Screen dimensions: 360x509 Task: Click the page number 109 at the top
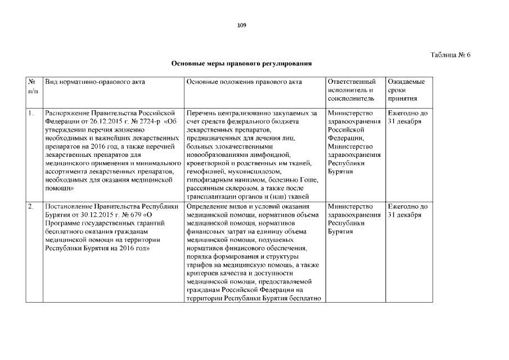tap(242, 25)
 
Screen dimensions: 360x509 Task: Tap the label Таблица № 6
tap(450, 55)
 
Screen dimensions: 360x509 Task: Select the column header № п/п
tap(33, 86)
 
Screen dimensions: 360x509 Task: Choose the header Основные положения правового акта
tap(243, 82)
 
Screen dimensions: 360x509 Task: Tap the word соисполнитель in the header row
tap(351, 98)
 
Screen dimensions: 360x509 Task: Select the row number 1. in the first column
tap(31, 113)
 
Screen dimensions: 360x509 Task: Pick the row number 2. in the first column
tap(31, 206)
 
